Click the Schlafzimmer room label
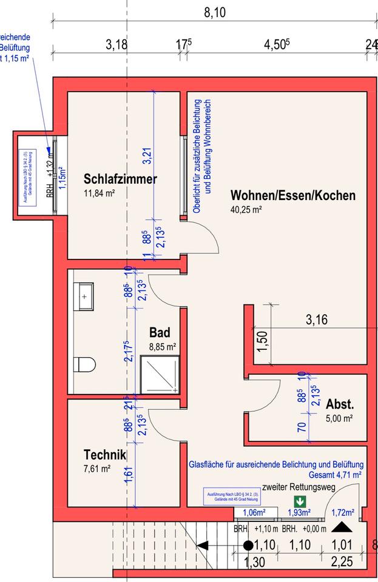click(120, 179)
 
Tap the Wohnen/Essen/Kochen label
click(292, 196)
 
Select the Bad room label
click(160, 333)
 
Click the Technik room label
click(105, 455)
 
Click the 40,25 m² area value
click(246, 210)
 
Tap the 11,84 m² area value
click(100, 193)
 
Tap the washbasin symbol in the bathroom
click(84, 296)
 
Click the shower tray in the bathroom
click(160, 375)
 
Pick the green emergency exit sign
click(299, 501)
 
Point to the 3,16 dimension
click(317, 319)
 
